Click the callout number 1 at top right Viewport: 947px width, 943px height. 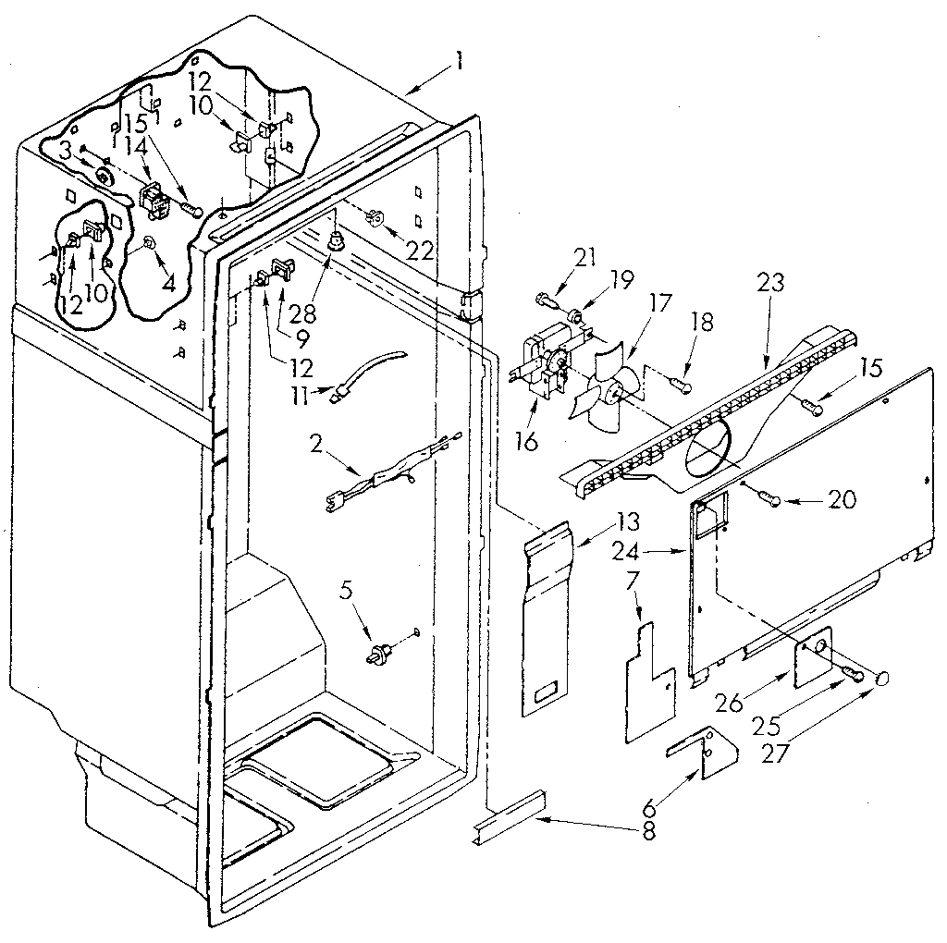[459, 67]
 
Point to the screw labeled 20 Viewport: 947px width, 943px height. [766, 499]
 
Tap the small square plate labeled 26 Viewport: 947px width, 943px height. [814, 658]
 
